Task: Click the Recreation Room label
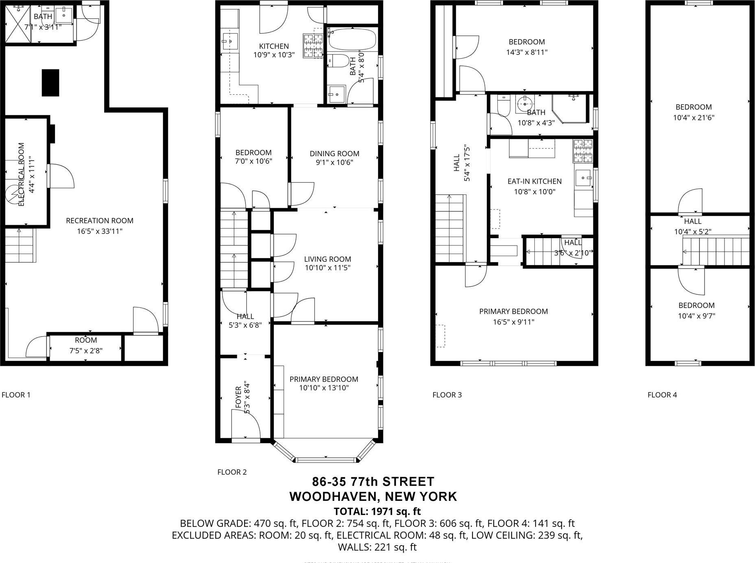click(x=100, y=221)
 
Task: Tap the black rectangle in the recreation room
click(x=50, y=83)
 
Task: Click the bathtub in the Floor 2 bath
click(x=352, y=39)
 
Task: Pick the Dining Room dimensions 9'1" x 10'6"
click(x=334, y=163)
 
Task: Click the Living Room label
click(x=327, y=259)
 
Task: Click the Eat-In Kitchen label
click(x=534, y=181)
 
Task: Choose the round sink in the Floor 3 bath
click(x=525, y=104)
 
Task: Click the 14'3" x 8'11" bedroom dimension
click(x=527, y=52)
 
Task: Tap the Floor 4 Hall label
click(x=692, y=222)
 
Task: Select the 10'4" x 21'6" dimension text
click(x=694, y=118)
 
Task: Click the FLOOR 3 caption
click(x=447, y=395)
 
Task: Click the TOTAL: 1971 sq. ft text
click(x=377, y=511)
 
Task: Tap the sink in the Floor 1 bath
click(x=64, y=15)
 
